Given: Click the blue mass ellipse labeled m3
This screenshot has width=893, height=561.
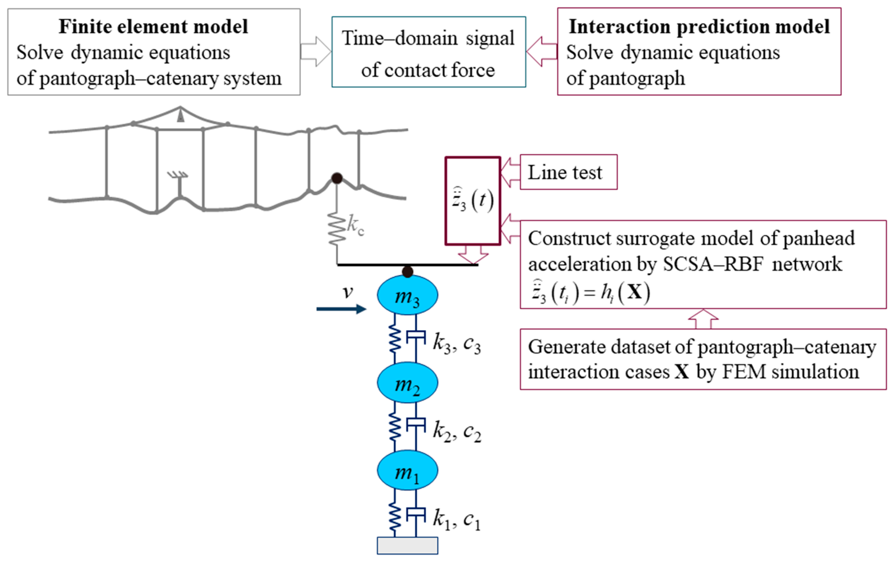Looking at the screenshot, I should pos(407,295).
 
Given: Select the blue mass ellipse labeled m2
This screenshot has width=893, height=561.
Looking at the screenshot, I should pos(407,383).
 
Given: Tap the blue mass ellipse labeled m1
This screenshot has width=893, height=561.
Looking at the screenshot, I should pos(407,470).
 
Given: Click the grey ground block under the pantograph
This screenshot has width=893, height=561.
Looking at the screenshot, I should pos(407,545).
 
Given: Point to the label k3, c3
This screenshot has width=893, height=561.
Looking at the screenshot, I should pos(456,343).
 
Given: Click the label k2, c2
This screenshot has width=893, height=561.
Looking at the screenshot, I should pos(456,431).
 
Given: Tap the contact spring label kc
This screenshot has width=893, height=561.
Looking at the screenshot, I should pos(355,225).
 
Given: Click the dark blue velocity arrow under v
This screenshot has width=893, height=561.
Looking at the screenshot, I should pos(341,309).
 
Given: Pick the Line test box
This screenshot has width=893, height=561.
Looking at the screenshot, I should pos(568,172).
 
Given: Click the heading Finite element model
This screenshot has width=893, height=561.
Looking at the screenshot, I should pos(153,27).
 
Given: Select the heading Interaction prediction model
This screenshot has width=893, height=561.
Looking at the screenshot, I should pos(699,27).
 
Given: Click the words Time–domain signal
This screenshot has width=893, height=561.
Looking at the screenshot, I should pos(428,38).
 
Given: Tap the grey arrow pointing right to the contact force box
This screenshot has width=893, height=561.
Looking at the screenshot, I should pos(315,51).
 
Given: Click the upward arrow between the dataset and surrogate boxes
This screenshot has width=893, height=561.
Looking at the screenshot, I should pos(703,319).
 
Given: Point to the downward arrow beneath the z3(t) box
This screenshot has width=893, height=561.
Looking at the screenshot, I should pos(473,255).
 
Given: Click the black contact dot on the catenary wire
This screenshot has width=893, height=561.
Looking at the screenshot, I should pos(337,178).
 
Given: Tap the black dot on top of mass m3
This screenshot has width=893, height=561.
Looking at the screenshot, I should pos(407,271).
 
